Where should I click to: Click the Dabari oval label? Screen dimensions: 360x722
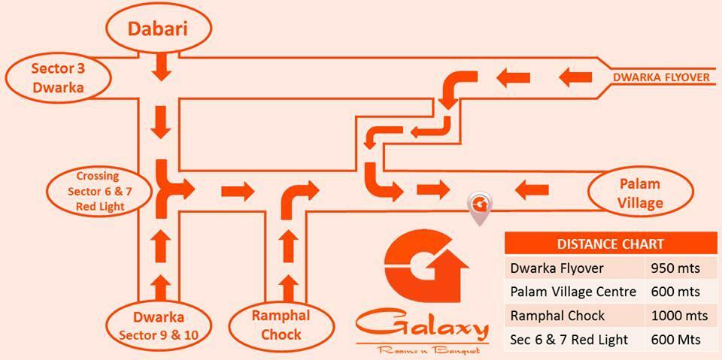(x=156, y=29)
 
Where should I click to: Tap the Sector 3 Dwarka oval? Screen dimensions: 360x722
(x=57, y=78)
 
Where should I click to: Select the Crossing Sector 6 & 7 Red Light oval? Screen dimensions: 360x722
(x=96, y=191)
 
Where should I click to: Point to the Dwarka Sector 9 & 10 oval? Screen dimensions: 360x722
(x=159, y=325)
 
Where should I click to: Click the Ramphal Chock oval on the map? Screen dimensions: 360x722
(x=281, y=325)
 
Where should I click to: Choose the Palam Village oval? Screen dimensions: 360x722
(x=640, y=193)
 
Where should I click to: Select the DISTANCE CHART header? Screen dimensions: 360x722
(x=610, y=244)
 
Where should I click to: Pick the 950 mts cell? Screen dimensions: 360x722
(x=674, y=268)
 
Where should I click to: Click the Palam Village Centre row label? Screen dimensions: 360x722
(x=573, y=292)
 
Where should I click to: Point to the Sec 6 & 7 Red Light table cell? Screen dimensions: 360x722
(x=569, y=339)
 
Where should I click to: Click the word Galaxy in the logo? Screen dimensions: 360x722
(x=421, y=325)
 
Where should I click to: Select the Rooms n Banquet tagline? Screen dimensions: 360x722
(x=421, y=349)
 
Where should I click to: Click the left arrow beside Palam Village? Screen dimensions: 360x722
(x=532, y=188)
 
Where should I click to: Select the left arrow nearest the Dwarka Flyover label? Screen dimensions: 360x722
(x=575, y=76)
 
